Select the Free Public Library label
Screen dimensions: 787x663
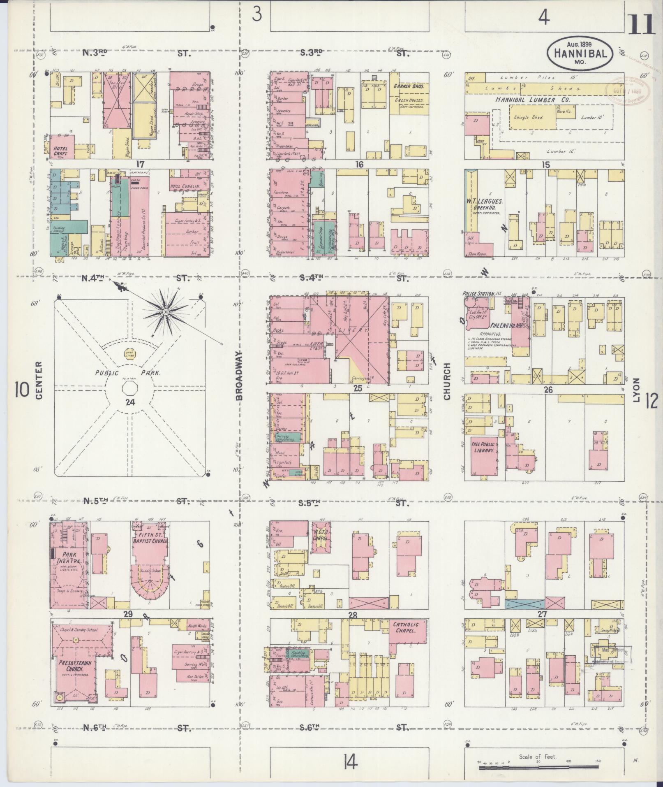pyautogui.click(x=484, y=447)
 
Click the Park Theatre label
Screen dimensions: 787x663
pyautogui.click(x=69, y=557)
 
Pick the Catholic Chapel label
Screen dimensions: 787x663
pyautogui.click(x=406, y=639)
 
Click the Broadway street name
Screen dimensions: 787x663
pyautogui.click(x=240, y=375)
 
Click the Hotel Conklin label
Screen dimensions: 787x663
pyautogui.click(x=185, y=186)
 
